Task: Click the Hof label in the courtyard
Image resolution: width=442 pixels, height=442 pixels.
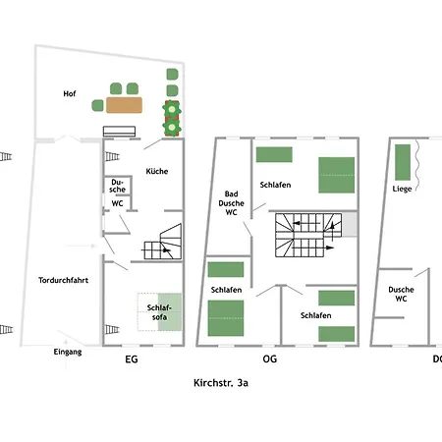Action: click(70, 93)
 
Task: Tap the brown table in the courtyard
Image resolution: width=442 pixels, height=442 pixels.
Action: click(124, 105)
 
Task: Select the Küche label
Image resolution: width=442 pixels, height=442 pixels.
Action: click(157, 171)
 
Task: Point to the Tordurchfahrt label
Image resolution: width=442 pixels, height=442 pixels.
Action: click(63, 280)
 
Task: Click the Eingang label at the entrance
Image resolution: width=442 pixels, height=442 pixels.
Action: click(68, 352)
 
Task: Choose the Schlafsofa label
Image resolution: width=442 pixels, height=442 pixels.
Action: click(159, 312)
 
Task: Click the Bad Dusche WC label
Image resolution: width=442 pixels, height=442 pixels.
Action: click(231, 203)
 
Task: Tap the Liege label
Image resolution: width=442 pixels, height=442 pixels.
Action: click(402, 189)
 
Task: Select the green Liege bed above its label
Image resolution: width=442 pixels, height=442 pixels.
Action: click(403, 162)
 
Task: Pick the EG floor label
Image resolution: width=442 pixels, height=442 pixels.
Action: click(132, 359)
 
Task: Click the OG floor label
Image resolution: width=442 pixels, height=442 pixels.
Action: click(270, 359)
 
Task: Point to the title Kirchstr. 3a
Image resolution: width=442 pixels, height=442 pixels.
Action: click(221, 383)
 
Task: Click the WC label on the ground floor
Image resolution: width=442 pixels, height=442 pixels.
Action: click(117, 203)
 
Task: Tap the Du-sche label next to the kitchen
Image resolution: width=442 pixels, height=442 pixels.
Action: click(117, 186)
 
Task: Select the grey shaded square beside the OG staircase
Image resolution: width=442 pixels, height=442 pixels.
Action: click(350, 224)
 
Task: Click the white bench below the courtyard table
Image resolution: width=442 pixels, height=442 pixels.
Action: click(119, 132)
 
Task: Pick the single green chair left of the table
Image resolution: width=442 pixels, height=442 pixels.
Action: click(97, 105)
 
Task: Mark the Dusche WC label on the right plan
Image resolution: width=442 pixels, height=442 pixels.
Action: click(401, 294)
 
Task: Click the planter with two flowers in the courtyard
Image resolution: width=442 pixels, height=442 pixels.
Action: click(172, 119)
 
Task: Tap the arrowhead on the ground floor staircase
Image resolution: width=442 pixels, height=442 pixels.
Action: click(167, 250)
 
